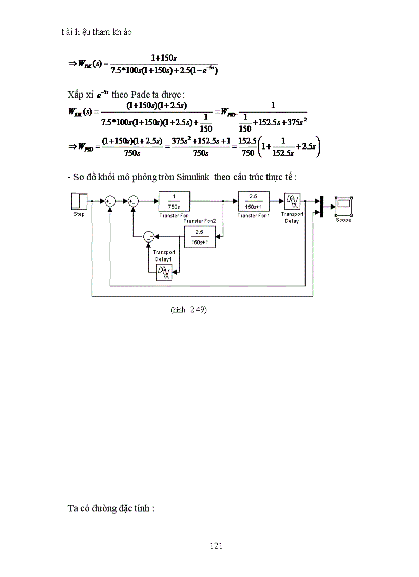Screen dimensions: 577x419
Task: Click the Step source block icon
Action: pyautogui.click(x=79, y=201)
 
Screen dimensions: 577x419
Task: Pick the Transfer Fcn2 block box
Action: pyautogui.click(x=200, y=237)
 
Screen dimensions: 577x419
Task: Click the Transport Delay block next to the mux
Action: pyautogui.click(x=292, y=202)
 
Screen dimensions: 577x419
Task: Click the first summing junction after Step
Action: pyautogui.click(x=110, y=202)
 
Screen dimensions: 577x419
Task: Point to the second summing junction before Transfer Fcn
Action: pyautogui.click(x=134, y=202)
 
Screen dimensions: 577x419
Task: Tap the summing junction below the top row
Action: pyautogui.click(x=149, y=236)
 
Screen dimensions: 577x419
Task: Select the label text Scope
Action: pyautogui.click(x=343, y=220)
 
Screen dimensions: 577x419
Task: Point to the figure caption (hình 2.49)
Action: pyautogui.click(x=188, y=310)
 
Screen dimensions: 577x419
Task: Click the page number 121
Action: pyautogui.click(x=216, y=546)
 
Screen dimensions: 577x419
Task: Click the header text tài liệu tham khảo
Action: pyautogui.click(x=96, y=32)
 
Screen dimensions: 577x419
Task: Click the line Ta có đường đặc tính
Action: pyautogui.click(x=111, y=508)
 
